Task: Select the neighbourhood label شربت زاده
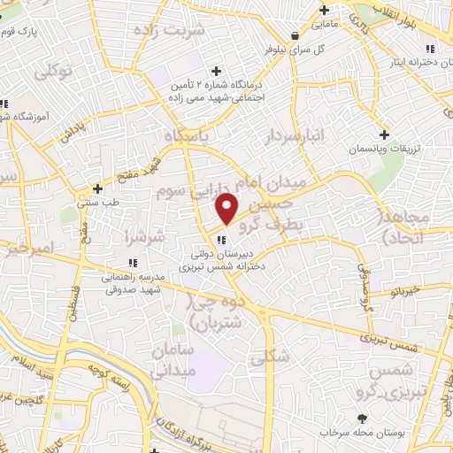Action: pyautogui.click(x=171, y=29)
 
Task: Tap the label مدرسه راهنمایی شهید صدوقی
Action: pyautogui.click(x=134, y=282)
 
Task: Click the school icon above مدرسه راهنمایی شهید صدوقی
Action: pyautogui.click(x=133, y=263)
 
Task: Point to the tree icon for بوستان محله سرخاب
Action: pyautogui.click(x=361, y=418)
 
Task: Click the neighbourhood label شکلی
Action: pyautogui.click(x=265, y=358)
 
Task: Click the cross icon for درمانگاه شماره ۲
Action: pyautogui.click(x=217, y=70)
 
